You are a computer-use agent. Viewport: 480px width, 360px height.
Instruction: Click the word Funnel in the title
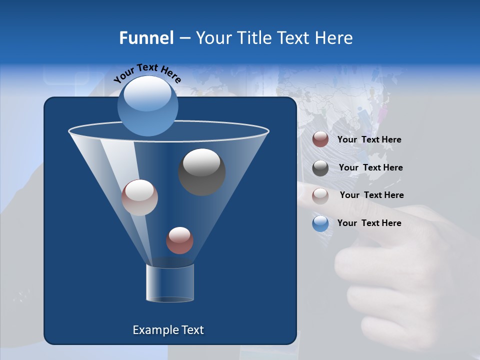(146, 38)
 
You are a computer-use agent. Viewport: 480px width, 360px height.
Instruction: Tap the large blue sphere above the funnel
(147, 105)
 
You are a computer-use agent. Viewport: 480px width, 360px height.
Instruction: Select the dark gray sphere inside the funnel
(201, 172)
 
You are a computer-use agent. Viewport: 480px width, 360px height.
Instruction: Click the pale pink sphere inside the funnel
(139, 197)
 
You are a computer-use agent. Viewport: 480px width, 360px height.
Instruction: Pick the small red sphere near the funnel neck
(179, 240)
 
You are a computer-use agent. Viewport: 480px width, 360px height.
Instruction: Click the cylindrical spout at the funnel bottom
(170, 283)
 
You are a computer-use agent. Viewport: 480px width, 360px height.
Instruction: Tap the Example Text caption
(168, 330)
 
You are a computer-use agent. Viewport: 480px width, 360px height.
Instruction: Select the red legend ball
(320, 139)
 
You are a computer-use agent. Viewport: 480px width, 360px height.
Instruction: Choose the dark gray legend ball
(320, 168)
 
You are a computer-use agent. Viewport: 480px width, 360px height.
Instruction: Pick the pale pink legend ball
(320, 195)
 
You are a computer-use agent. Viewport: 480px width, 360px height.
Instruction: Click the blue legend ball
(320, 223)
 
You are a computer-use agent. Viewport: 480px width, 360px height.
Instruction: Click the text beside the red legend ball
(369, 140)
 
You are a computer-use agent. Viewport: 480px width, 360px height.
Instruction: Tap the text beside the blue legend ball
(369, 223)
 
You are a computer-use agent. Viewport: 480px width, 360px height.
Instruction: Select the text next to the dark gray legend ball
(370, 168)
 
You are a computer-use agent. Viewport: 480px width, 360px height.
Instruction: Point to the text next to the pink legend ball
(371, 195)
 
